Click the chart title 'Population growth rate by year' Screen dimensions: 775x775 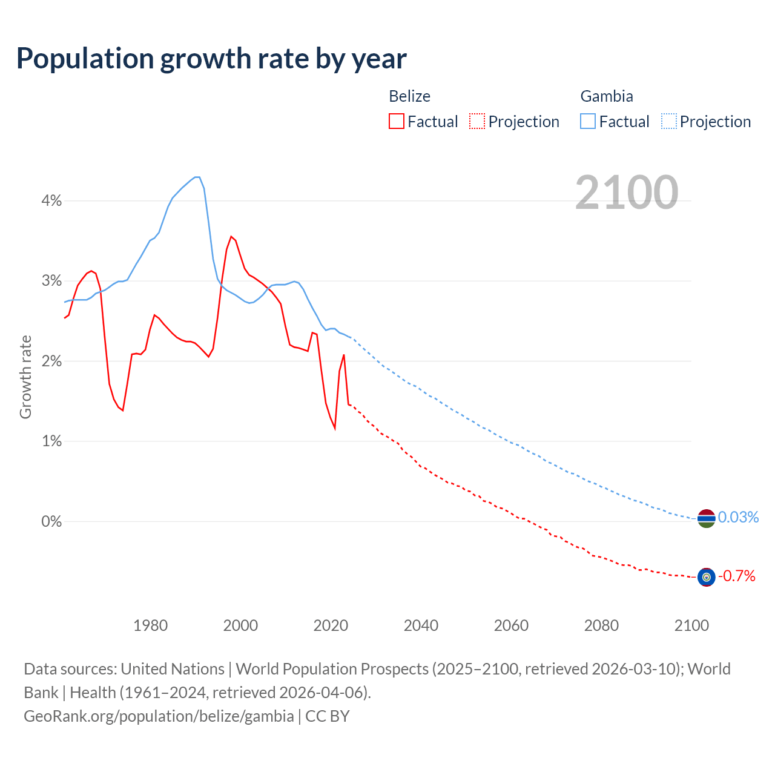coord(211,59)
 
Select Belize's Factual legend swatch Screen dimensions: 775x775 coord(397,121)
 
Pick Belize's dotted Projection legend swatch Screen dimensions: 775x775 coord(477,121)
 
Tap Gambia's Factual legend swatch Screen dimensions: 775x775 coord(588,121)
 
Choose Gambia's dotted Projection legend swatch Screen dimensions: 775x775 coord(668,121)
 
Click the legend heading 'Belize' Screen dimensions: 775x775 coord(409,96)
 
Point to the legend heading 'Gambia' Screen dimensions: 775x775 coord(607,96)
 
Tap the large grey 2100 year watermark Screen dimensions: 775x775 coord(627,193)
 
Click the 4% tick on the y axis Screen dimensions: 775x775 coord(51,201)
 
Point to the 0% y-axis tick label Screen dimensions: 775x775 coord(51,521)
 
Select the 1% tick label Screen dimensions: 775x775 coord(51,441)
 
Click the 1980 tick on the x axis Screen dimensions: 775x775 coord(150,625)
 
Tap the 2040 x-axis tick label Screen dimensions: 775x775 coord(421,625)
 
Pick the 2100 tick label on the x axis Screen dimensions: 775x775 coord(691,625)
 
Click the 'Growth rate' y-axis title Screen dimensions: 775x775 coord(25,377)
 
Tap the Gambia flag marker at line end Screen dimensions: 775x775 coord(706,518)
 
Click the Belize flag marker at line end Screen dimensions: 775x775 coord(706,577)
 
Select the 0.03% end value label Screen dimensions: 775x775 coord(738,517)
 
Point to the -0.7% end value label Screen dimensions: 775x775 coord(736,576)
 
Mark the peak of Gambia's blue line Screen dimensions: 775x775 coord(197,177)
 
